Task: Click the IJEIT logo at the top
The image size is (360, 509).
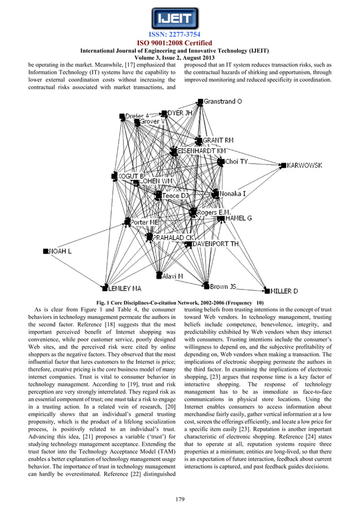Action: pyautogui.click(x=179, y=18)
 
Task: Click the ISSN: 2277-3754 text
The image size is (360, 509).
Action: pyautogui.click(x=179, y=35)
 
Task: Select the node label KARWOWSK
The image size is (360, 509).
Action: pyautogui.click(x=305, y=165)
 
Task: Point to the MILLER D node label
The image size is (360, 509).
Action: pyautogui.click(x=284, y=291)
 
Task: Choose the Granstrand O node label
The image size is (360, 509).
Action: pyautogui.click(x=223, y=102)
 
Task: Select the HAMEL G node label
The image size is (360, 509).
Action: pyautogui.click(x=238, y=218)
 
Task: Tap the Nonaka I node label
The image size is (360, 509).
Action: pyautogui.click(x=232, y=193)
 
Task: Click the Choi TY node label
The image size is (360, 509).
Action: pyautogui.click(x=236, y=161)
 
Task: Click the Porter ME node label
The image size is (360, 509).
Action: pyautogui.click(x=144, y=222)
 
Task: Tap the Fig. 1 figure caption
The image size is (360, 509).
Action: pyautogui.click(x=180, y=303)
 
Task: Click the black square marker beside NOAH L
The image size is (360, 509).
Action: pyautogui.click(x=46, y=251)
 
